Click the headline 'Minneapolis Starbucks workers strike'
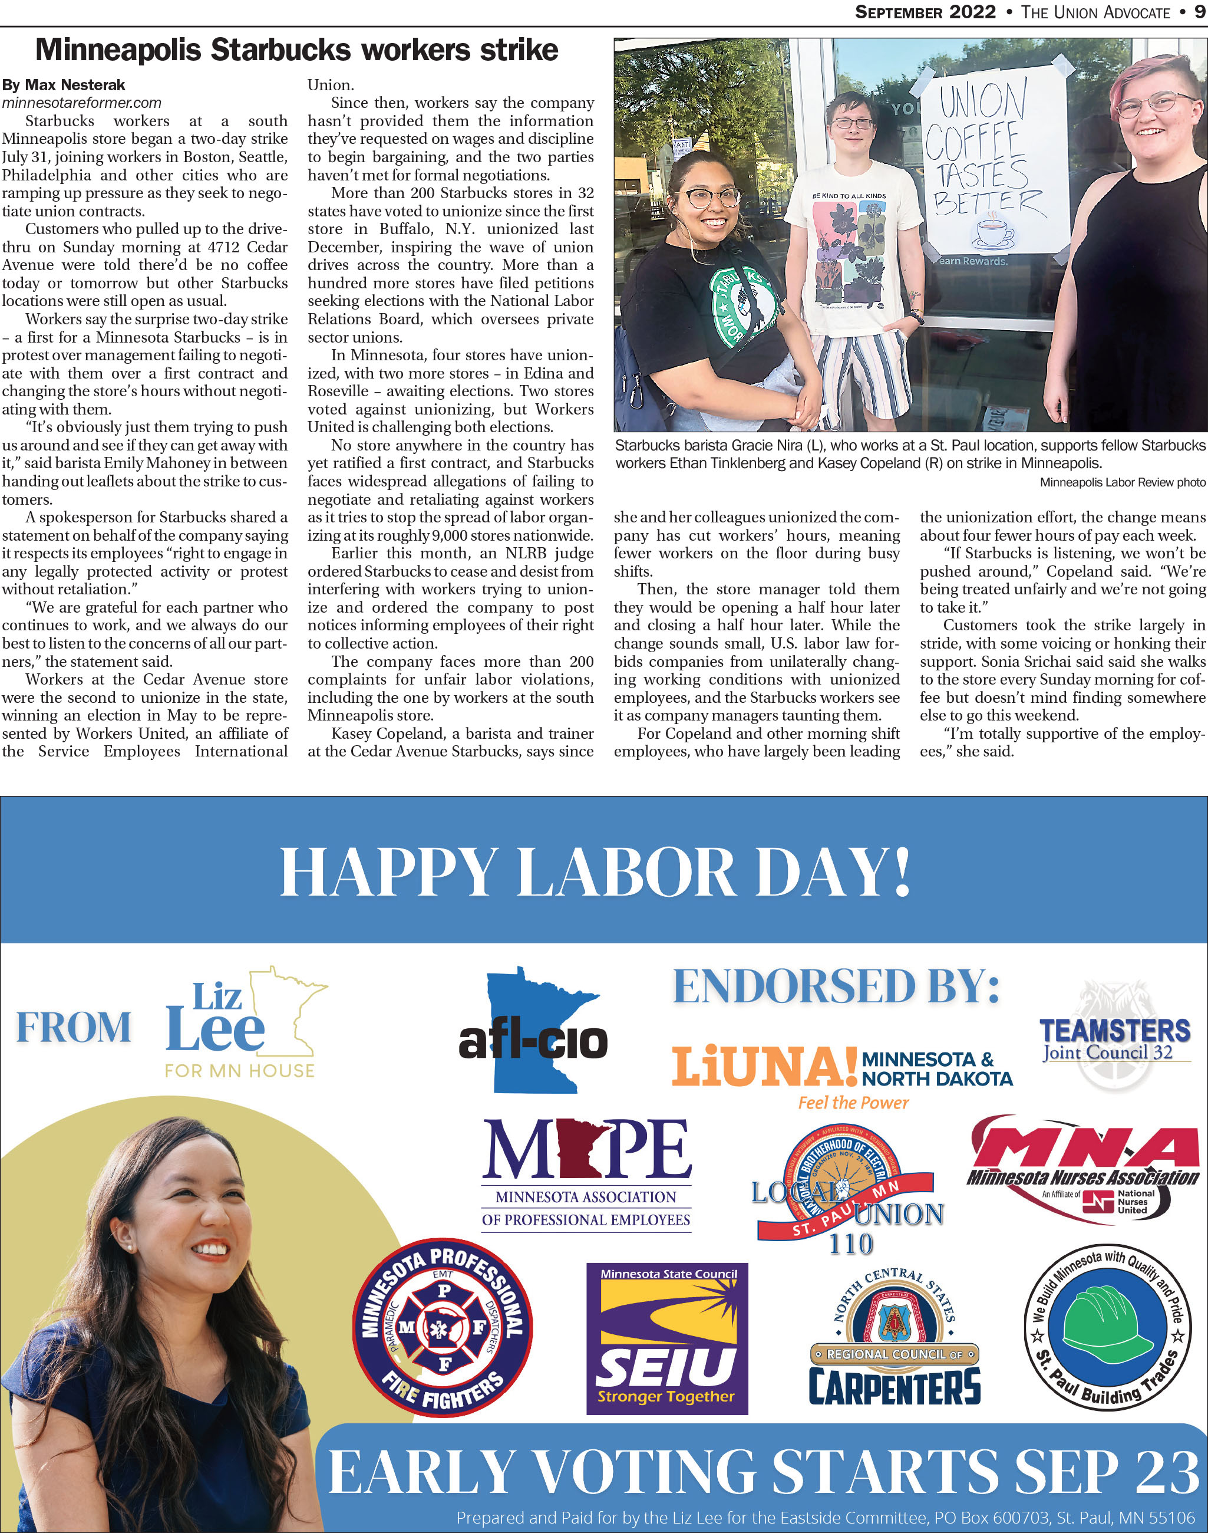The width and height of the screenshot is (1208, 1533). (296, 50)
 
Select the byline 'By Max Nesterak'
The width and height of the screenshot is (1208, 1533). (63, 85)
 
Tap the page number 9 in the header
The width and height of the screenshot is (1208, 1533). (1200, 12)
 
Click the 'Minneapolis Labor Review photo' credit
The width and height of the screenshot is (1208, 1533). (1122, 483)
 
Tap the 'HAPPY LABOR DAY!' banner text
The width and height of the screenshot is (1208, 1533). (595, 871)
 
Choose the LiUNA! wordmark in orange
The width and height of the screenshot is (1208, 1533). (764, 1067)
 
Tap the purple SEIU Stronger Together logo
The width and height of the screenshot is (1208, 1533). (666, 1338)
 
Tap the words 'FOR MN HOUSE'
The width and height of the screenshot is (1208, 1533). (240, 1071)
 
